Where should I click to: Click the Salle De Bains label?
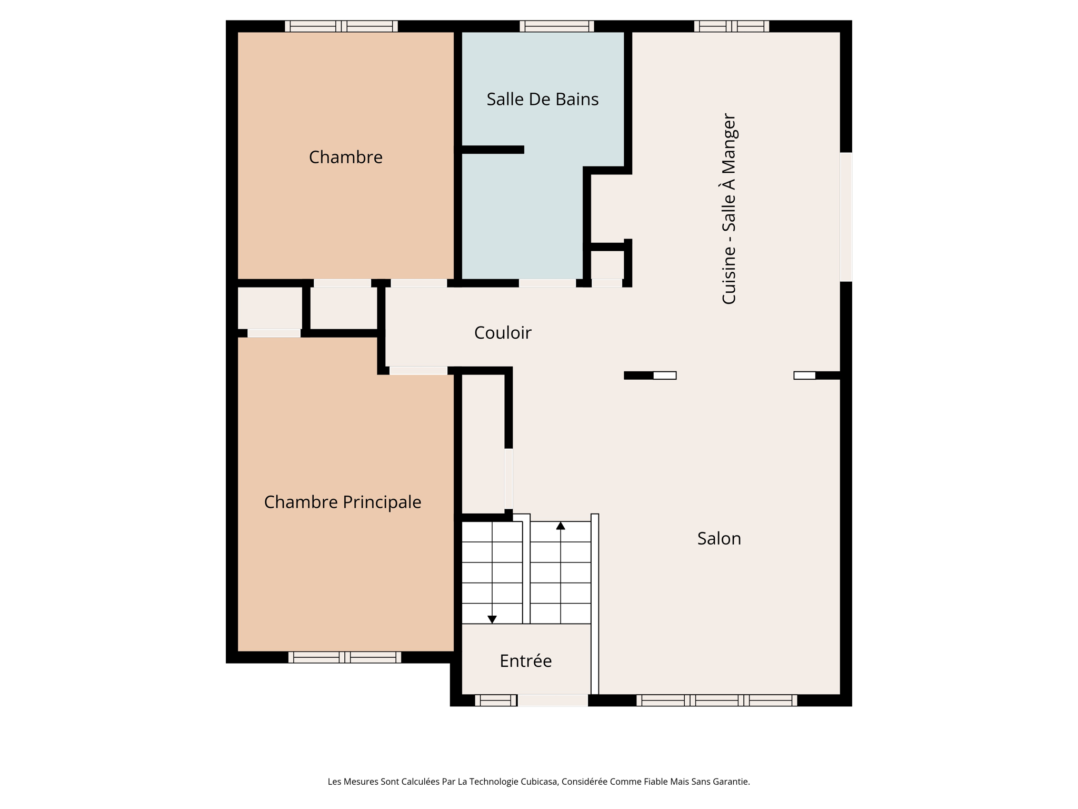coord(542,99)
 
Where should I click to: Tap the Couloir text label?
coord(503,333)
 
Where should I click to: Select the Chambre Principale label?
coord(342,502)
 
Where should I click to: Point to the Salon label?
coord(719,538)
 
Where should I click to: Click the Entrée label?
coord(525,660)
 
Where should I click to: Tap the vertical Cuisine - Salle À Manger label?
coord(729,209)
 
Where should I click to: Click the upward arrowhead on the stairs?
coord(561,526)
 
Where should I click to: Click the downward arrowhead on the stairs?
coord(492,619)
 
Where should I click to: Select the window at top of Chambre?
coord(341,26)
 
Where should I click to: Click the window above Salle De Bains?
coord(557,26)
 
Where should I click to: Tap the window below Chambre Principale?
coord(345,657)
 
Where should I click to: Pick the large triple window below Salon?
coord(716,700)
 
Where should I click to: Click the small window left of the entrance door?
coord(495,700)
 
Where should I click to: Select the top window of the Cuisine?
coord(732,26)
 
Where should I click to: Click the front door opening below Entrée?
coord(553,700)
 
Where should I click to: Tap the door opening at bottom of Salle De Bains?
coord(547,283)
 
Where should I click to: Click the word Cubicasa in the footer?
coord(538,782)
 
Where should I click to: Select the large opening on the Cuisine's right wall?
coord(845,216)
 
